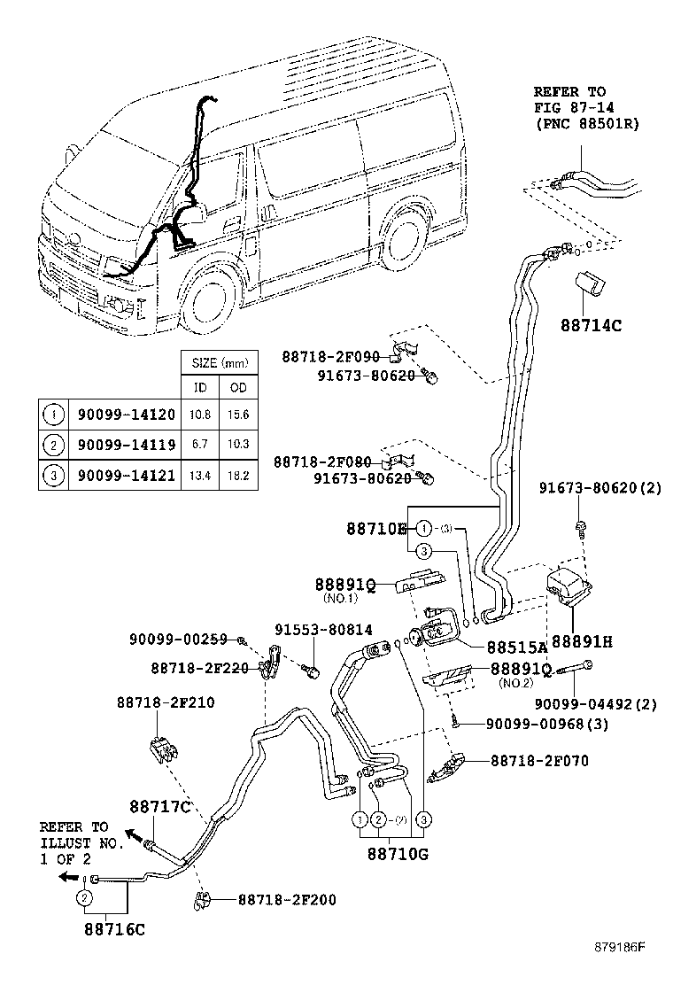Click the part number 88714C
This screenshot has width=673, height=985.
coord(591,325)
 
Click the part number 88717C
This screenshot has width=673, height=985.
coord(160,807)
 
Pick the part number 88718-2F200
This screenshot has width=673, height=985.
coord(286,900)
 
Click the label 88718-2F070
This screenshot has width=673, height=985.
coord(539,761)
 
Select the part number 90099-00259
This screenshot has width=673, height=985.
coord(178,639)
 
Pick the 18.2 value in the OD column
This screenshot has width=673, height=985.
coord(239,476)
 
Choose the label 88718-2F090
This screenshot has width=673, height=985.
coord(330,357)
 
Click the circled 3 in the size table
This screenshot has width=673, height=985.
coord(54,476)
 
